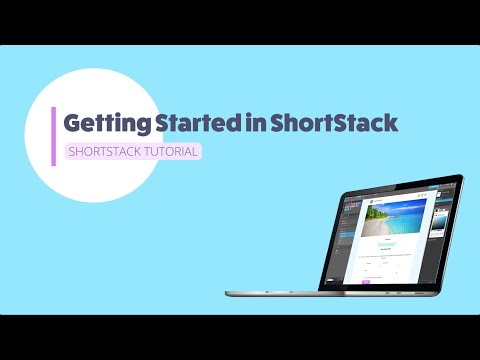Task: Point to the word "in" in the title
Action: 256,123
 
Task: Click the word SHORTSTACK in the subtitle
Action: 103,152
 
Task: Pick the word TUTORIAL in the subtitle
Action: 170,152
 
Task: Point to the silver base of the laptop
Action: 320,293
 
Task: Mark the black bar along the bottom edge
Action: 240,337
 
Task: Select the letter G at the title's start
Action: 73,124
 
